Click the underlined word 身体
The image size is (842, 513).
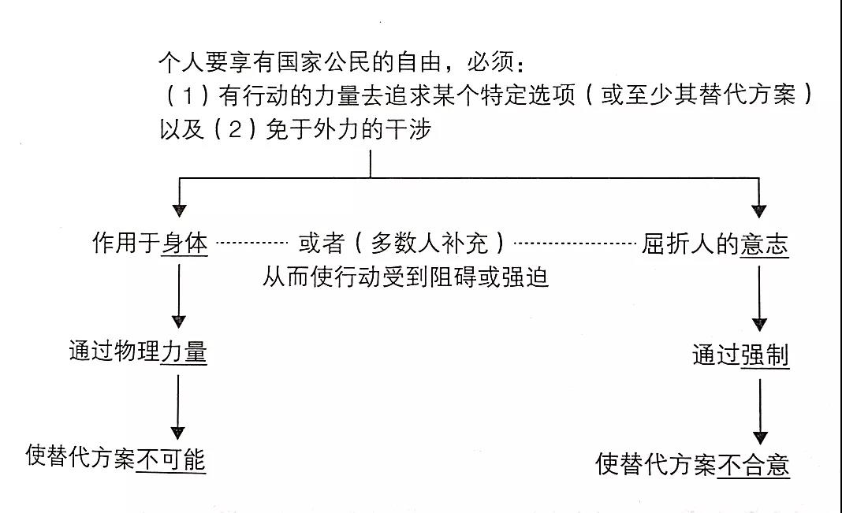pos(184,244)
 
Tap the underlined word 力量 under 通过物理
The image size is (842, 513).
pos(184,352)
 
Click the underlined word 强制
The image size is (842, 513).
pos(765,355)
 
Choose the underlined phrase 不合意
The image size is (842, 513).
pos(753,464)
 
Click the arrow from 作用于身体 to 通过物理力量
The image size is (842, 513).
pos(179,296)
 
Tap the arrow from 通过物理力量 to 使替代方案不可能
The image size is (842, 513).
pos(179,408)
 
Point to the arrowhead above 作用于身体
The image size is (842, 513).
pos(180,210)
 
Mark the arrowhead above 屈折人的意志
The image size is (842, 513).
pos(759,210)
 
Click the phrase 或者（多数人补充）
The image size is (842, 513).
pos(401,243)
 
